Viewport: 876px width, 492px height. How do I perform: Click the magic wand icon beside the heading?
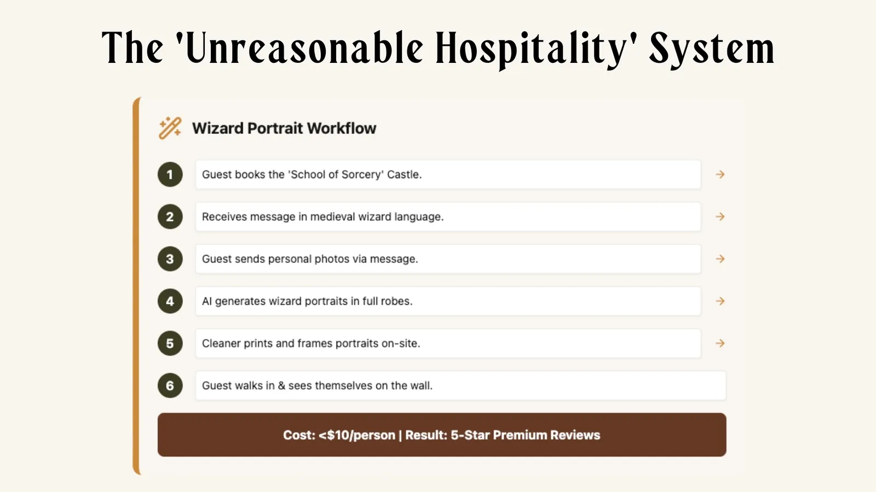pyautogui.click(x=170, y=128)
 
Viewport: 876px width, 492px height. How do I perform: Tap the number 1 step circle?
pyautogui.click(x=170, y=175)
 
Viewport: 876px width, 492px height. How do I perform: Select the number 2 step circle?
pyautogui.click(x=170, y=217)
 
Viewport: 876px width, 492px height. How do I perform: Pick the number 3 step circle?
pyautogui.click(x=170, y=259)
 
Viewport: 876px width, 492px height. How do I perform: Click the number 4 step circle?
pyautogui.click(x=170, y=301)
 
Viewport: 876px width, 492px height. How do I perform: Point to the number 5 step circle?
pyautogui.click(x=170, y=343)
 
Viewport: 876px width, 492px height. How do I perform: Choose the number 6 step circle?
pyautogui.click(x=170, y=385)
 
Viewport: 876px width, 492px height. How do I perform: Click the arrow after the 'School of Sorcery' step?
pyautogui.click(x=720, y=174)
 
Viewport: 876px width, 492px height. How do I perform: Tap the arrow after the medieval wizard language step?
pyautogui.click(x=720, y=216)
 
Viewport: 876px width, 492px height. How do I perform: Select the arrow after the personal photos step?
pyautogui.click(x=720, y=259)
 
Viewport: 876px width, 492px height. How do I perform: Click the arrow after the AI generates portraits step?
pyautogui.click(x=720, y=301)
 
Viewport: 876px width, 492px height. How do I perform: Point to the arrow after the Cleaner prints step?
pyautogui.click(x=720, y=343)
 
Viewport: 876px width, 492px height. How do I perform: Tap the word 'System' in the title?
pyautogui.click(x=712, y=48)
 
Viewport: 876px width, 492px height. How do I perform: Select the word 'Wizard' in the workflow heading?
pyautogui.click(x=217, y=128)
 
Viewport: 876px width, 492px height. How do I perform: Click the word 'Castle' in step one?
pyautogui.click(x=404, y=174)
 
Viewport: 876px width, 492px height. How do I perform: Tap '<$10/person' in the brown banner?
pyautogui.click(x=357, y=435)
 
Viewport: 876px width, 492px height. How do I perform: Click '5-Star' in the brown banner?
pyautogui.click(x=470, y=435)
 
